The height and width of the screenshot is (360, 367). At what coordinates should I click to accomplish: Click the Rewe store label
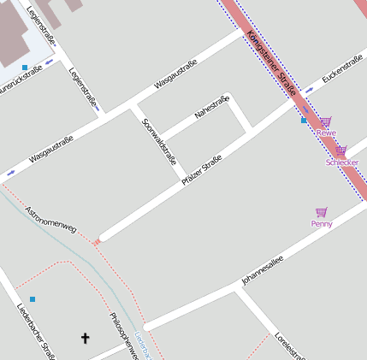click(326, 133)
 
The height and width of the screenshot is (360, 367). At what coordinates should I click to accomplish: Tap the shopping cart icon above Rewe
click(326, 122)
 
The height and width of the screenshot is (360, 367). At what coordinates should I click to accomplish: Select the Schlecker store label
click(341, 162)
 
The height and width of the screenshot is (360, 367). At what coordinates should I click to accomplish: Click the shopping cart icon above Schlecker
click(340, 150)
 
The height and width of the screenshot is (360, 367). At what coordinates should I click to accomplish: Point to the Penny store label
click(322, 223)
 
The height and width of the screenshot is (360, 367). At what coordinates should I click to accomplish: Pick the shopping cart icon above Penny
click(322, 212)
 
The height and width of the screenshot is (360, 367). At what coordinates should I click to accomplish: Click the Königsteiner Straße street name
click(270, 62)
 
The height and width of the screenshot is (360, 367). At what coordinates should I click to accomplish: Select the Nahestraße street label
click(211, 109)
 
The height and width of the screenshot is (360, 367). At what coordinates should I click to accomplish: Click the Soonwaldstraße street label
click(158, 140)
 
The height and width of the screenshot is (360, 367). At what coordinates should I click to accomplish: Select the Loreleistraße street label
click(289, 345)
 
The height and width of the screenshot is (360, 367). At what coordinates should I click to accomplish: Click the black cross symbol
click(85, 339)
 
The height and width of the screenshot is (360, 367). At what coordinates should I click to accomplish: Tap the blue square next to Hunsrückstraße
click(24, 67)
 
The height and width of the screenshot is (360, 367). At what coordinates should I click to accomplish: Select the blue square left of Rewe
click(304, 121)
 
